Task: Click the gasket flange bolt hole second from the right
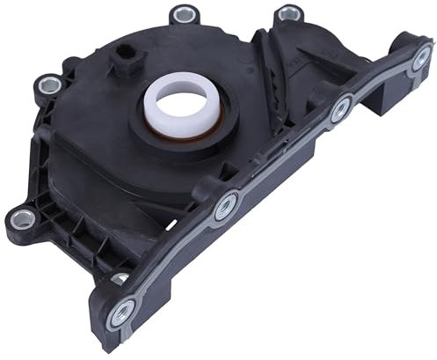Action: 339,110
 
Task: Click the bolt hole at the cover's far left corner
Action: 23,217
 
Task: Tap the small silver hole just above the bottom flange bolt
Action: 118,278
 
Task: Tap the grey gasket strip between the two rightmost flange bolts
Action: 380,85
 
